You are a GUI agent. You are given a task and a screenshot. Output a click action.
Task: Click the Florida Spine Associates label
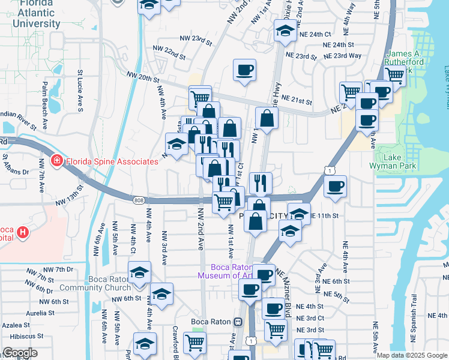112,161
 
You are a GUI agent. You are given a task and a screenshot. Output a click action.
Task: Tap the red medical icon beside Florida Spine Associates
57,161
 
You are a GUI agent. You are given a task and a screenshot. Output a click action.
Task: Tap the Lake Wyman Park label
401,161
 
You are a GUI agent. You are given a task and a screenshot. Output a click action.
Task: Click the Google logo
19,353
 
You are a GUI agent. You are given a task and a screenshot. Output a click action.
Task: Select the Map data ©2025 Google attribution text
411,355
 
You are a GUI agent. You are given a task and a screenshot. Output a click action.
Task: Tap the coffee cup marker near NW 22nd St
244,70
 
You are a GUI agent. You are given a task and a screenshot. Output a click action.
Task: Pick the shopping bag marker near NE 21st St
267,118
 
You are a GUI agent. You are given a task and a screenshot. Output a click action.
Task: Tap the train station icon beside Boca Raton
238,322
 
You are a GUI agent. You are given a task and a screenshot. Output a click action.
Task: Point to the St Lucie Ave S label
79,91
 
